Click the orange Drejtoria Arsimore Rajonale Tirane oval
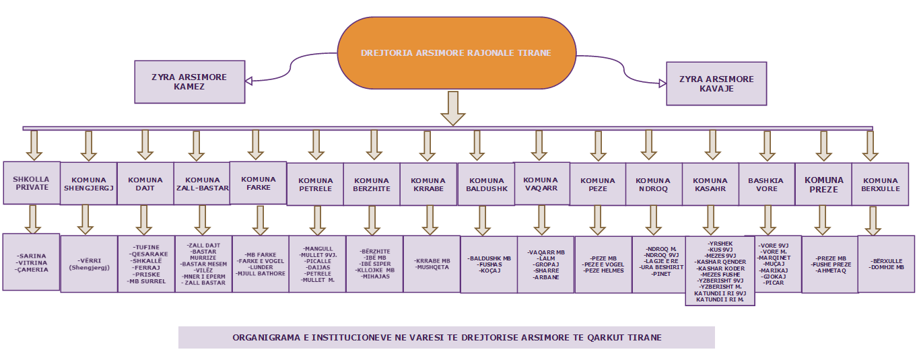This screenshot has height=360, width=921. (x=456, y=52)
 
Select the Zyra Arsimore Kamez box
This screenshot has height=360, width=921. (x=189, y=82)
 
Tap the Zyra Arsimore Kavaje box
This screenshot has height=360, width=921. (x=716, y=83)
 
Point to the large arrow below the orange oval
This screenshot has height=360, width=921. (x=452, y=108)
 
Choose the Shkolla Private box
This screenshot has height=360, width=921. (x=31, y=183)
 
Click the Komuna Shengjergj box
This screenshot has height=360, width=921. (x=89, y=184)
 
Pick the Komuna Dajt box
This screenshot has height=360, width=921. (x=145, y=184)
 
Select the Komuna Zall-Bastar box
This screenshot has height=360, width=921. (x=202, y=184)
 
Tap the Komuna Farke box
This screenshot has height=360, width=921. (x=258, y=183)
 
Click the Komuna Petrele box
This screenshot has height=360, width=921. (x=316, y=184)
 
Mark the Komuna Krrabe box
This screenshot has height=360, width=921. (x=428, y=184)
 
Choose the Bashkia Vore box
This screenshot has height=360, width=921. (x=766, y=184)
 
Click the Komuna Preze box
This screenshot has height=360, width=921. (x=823, y=184)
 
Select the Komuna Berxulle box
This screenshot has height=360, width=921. (x=881, y=184)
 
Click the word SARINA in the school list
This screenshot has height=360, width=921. (x=32, y=256)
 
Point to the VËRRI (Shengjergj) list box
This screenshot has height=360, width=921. (x=89, y=263)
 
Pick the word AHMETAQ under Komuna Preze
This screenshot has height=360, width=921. (x=831, y=271)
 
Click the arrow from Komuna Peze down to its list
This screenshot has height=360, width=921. (x=597, y=220)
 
